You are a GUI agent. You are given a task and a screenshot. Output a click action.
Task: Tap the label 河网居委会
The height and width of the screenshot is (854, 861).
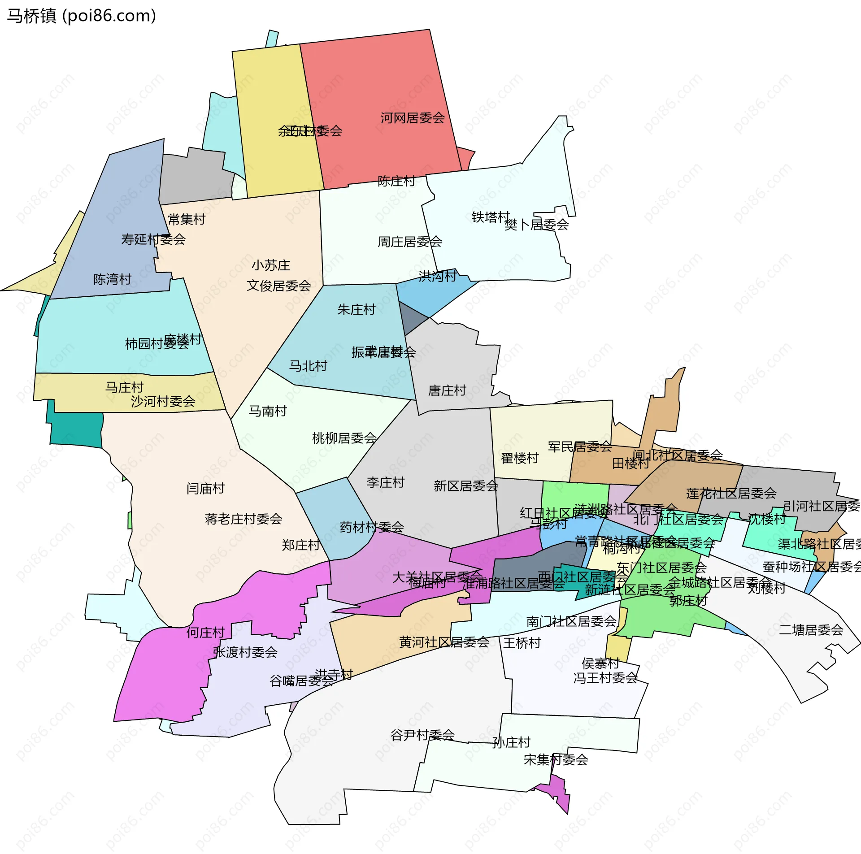[x=412, y=118]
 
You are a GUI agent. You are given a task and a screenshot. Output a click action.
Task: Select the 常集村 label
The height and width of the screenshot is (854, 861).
[x=187, y=219]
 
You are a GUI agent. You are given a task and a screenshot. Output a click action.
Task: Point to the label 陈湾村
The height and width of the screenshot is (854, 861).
[x=112, y=279]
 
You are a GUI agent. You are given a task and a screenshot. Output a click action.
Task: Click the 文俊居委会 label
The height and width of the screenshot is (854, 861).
[x=278, y=286]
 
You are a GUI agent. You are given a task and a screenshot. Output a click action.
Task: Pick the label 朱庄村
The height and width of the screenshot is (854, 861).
[x=356, y=309]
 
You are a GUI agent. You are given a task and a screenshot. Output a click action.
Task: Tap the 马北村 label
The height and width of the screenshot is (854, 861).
[x=308, y=366]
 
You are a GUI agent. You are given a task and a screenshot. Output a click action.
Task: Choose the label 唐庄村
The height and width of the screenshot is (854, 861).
[x=447, y=390]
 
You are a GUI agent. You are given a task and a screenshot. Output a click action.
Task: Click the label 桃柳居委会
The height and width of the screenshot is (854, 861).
[x=344, y=438]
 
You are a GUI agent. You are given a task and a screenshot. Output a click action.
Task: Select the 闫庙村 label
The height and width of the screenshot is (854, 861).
[x=205, y=488]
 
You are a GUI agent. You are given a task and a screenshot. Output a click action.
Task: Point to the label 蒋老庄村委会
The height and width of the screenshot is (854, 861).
[x=244, y=519]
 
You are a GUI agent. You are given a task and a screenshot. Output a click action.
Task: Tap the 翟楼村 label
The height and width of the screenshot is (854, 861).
[x=520, y=458]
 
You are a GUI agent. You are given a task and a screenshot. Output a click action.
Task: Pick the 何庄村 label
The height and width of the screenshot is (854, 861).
[x=205, y=633]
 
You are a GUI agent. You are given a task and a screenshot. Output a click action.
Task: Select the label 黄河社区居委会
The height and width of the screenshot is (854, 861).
[x=444, y=642]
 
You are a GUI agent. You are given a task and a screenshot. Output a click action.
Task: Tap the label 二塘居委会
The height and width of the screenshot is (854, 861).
[x=811, y=630]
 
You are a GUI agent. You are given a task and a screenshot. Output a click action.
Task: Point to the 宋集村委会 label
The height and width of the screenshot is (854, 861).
[x=556, y=759]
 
